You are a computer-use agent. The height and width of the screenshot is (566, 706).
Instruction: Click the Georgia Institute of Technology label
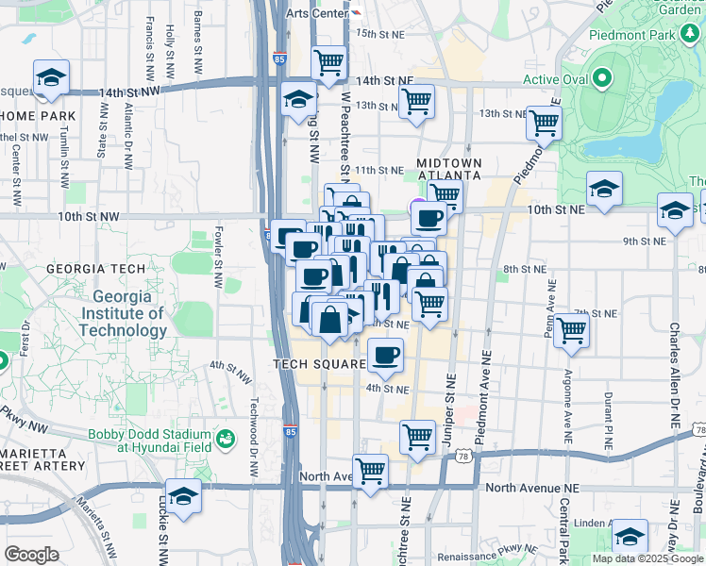coord(123,313)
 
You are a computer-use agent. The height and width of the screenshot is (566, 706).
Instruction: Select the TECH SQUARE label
coord(319,364)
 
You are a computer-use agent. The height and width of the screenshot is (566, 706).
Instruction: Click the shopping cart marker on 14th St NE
coord(328,62)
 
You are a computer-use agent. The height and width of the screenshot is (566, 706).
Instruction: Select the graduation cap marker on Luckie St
coord(184,497)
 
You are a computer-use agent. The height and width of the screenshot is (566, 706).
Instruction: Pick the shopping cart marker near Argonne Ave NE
coord(571,330)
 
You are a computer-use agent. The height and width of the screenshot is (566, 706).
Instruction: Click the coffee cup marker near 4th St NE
coord(384,356)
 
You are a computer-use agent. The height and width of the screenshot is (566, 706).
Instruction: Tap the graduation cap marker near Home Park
coord(51,77)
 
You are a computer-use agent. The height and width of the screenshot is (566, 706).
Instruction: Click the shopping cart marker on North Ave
coord(371,471)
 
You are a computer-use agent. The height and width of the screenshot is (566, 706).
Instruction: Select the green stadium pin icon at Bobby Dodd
coord(226,439)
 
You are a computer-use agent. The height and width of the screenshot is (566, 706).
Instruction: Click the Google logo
coord(32,555)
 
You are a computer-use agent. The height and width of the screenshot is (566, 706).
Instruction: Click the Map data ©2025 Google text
coord(647,558)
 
